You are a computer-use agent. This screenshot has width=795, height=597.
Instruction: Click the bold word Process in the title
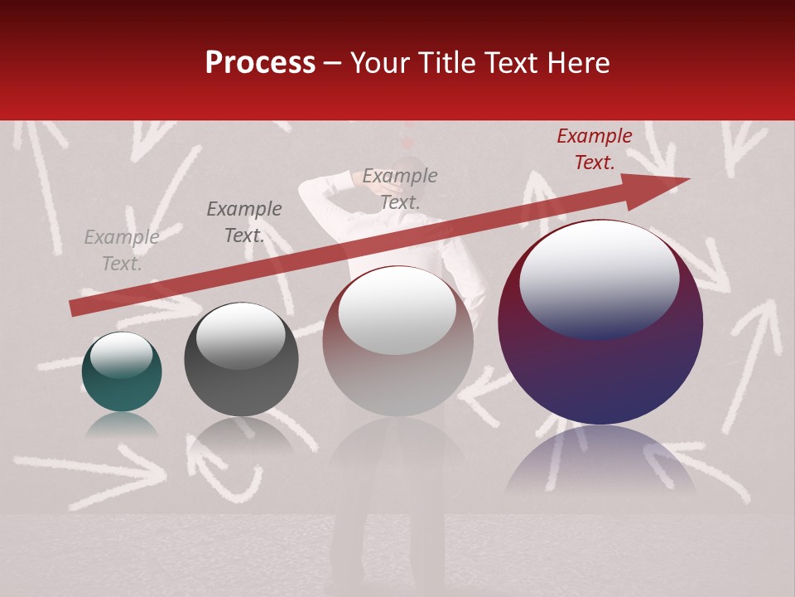(x=260, y=63)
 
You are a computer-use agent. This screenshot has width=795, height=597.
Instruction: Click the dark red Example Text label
(x=595, y=149)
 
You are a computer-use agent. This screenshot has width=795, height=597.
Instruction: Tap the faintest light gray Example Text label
(x=122, y=250)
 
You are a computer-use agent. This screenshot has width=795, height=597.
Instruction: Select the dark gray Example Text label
(x=244, y=222)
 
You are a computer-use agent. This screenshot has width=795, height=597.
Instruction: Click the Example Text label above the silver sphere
(x=400, y=188)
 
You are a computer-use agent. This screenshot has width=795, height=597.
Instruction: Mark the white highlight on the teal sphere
(x=122, y=355)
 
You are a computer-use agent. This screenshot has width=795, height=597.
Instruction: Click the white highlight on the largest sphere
(x=600, y=280)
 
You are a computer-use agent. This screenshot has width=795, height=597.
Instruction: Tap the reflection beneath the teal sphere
(x=122, y=425)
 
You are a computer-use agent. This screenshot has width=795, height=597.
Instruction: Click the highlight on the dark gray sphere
(x=241, y=336)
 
